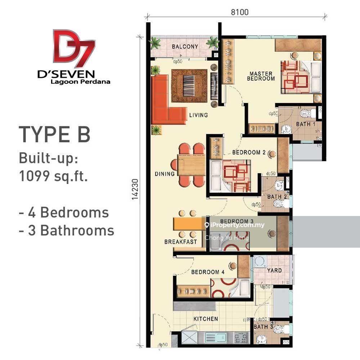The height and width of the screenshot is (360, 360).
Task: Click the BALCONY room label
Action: [x=185, y=46]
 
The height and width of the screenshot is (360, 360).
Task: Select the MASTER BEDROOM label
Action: [x=262, y=76]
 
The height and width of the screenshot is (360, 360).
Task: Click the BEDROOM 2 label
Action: [x=249, y=152]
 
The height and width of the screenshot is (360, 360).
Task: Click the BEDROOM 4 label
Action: [x=208, y=272]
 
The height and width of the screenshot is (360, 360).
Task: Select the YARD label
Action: [x=274, y=270]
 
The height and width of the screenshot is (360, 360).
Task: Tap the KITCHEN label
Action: [x=206, y=319]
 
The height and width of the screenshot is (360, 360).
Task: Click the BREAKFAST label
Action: [x=181, y=242]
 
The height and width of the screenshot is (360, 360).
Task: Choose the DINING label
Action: [x=165, y=174]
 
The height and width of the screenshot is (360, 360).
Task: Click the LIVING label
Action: [x=198, y=115]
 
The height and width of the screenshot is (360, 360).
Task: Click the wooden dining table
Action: [x=191, y=165]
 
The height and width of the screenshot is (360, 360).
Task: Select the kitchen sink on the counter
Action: [x=215, y=338]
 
